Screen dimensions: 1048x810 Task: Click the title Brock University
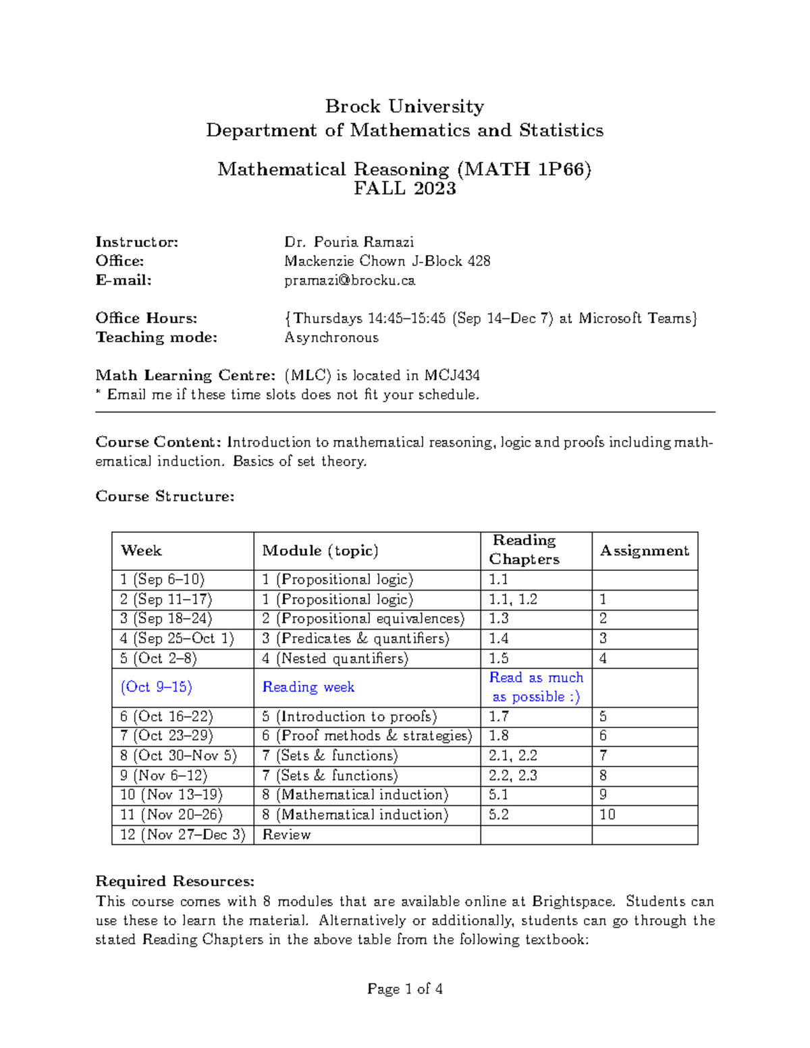tap(404, 107)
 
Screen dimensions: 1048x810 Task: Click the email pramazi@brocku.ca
tap(350, 280)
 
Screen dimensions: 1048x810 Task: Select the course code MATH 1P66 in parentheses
tap(524, 169)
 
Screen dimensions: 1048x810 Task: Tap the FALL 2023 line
tap(404, 188)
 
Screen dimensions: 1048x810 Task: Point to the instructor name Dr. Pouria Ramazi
tap(349, 242)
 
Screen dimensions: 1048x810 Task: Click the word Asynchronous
tap(331, 337)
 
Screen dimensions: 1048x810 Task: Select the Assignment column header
tap(644, 551)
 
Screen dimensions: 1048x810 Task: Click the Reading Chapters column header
tap(524, 549)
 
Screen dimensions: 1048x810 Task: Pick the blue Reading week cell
tap(308, 687)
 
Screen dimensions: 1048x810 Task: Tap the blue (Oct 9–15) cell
tap(157, 687)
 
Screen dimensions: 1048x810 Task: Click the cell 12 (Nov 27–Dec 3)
tap(182, 835)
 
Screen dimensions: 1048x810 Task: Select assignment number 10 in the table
tap(607, 815)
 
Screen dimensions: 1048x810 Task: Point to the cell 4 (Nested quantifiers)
tap(335, 659)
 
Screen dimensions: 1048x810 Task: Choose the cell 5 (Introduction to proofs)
tap(349, 717)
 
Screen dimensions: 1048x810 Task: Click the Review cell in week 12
tap(286, 835)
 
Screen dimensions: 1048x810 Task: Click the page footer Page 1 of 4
tap(404, 989)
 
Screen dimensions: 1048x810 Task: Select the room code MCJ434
tap(452, 375)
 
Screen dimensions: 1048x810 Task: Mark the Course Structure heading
tap(165, 497)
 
